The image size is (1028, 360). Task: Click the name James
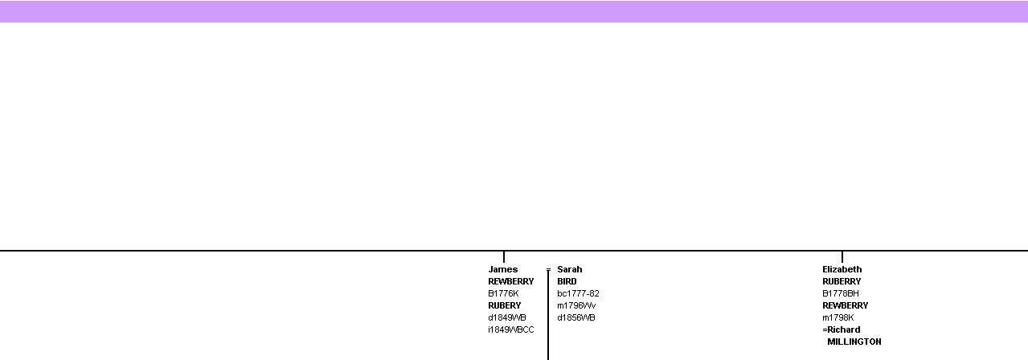[502, 269]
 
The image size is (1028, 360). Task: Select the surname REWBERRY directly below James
[511, 281]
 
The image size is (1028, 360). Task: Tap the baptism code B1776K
[503, 293]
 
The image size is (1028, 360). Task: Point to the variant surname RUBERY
[505, 305]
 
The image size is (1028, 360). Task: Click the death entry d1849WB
[506, 317]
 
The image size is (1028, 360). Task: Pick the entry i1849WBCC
[511, 329]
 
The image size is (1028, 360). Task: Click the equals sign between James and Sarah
[548, 270]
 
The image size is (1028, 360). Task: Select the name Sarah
[570, 269]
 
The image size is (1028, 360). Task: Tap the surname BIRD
[567, 281]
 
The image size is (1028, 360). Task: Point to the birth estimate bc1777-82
[578, 293]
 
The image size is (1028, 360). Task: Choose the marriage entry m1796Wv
[576, 305]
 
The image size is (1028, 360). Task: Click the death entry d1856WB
[576, 317]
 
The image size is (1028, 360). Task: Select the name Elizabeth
[842, 269]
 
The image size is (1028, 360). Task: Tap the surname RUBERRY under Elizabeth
[842, 281]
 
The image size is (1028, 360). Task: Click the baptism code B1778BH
[840, 293]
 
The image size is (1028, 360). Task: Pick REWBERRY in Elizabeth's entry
[846, 305]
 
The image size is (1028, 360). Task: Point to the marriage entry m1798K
[838, 317]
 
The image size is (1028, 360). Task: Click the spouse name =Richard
[842, 329]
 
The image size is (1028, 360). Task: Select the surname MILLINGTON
[854, 342]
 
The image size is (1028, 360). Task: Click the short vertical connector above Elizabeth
[842, 257]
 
